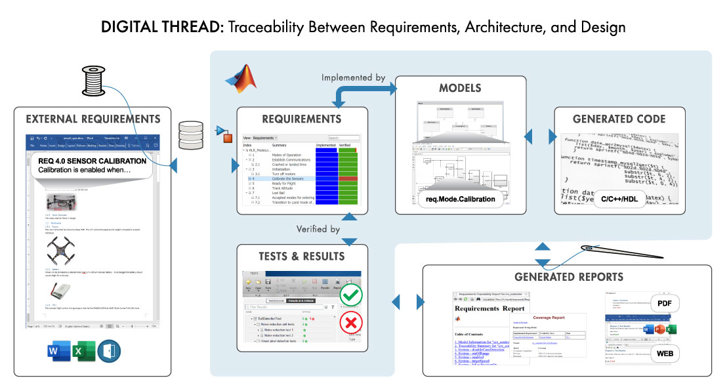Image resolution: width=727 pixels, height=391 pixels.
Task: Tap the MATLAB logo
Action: click(x=239, y=77)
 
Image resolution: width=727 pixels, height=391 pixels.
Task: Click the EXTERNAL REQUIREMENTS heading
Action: click(x=93, y=119)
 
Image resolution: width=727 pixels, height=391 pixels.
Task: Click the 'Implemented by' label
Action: click(x=353, y=77)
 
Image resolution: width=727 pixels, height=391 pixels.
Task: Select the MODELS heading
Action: click(x=460, y=88)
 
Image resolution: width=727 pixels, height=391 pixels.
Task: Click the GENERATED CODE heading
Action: click(x=619, y=119)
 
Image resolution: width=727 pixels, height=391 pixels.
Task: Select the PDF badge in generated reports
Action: click(x=665, y=303)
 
